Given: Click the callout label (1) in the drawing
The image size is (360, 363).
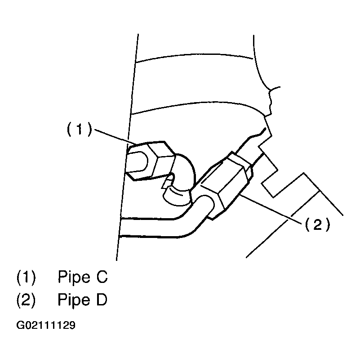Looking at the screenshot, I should pyautogui.click(x=79, y=130).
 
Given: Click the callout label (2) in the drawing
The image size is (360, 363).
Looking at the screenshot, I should pyautogui.click(x=318, y=224).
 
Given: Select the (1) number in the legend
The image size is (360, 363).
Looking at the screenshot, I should pyautogui.click(x=26, y=277).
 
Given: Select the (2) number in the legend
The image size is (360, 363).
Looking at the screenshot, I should pyautogui.click(x=26, y=300).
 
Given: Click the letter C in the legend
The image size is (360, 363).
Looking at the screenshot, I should pyautogui.click(x=102, y=277).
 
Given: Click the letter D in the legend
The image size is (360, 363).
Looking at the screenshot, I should pyautogui.click(x=102, y=300).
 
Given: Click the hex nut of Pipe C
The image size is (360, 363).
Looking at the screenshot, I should pyautogui.click(x=157, y=160).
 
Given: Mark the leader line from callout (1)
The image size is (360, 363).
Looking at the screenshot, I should pyautogui.click(x=112, y=136).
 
